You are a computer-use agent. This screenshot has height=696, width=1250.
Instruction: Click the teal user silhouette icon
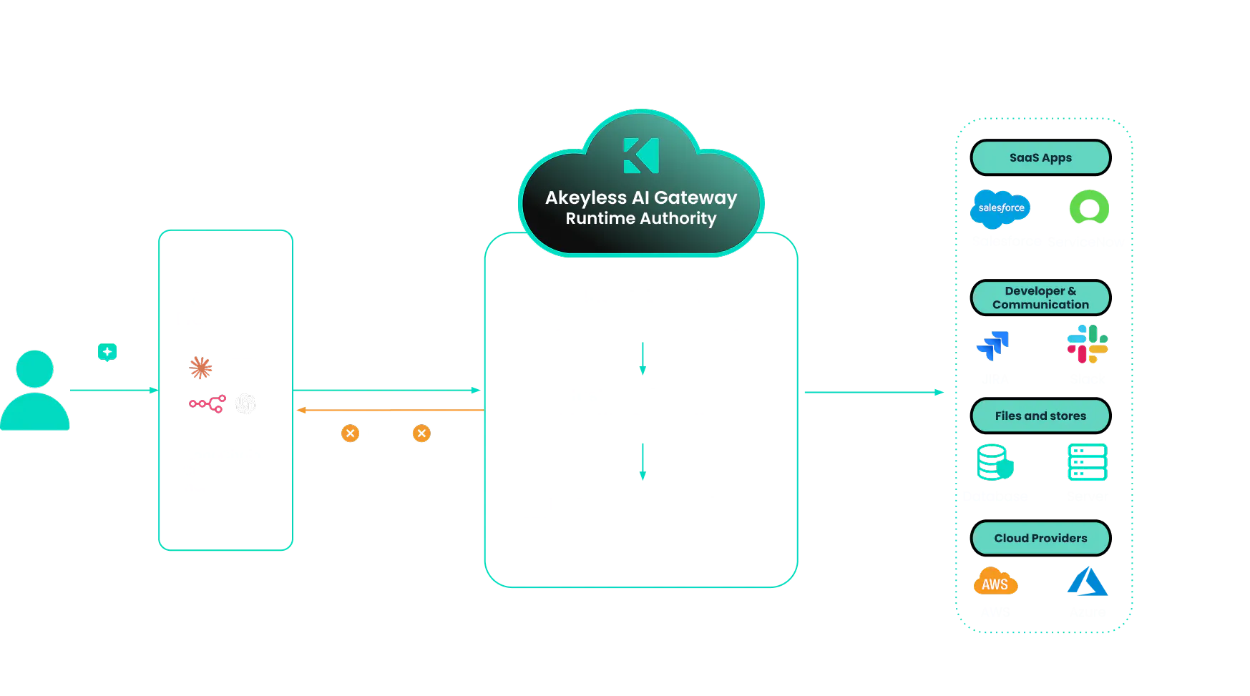click(x=34, y=391)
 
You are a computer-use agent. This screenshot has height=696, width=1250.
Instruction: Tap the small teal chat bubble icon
click(x=108, y=351)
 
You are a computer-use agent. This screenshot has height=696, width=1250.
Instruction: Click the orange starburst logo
click(x=201, y=368)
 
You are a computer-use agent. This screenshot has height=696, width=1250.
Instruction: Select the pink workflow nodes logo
click(x=207, y=405)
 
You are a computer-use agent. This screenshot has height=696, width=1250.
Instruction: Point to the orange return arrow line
click(x=390, y=411)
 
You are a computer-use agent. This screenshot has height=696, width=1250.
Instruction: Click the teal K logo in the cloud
click(x=641, y=155)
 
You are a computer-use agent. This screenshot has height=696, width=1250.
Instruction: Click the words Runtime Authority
click(x=640, y=218)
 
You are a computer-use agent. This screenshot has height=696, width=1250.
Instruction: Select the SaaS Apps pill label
click(x=1040, y=157)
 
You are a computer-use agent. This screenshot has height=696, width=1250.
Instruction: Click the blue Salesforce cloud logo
click(x=1000, y=208)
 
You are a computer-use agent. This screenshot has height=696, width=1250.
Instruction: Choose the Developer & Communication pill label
click(x=1040, y=298)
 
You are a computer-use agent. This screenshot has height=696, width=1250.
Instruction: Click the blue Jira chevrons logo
click(x=992, y=344)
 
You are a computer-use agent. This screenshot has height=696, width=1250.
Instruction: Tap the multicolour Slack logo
click(x=1087, y=344)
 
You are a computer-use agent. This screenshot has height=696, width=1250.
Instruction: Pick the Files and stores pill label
click(x=1040, y=416)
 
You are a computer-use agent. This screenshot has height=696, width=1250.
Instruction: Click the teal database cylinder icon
click(x=995, y=462)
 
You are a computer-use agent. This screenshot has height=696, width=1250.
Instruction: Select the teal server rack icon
click(x=1087, y=462)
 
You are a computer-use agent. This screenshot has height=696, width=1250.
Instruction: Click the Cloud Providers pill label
click(x=1040, y=538)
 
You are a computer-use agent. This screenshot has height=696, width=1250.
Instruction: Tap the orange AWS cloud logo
click(x=995, y=582)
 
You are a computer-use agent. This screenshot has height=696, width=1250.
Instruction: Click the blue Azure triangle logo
click(x=1087, y=582)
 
